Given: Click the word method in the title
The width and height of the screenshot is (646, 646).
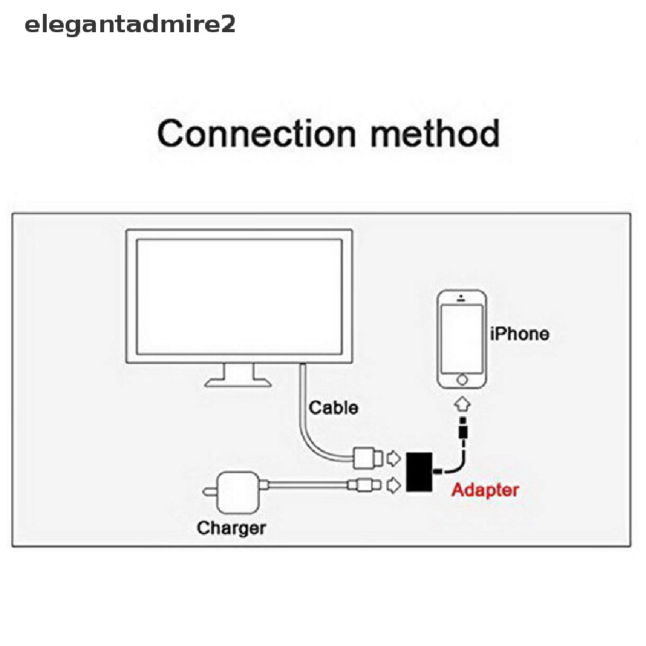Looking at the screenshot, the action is (427, 134).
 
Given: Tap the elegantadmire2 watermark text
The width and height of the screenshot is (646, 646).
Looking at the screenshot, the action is (129, 25).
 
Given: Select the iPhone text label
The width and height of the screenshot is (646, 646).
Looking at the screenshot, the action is (519, 334).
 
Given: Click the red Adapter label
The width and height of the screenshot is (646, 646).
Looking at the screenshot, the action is (485, 490).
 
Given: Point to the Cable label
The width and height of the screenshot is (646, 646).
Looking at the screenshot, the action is (333, 408).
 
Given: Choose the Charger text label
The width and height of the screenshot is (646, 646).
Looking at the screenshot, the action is (232, 527).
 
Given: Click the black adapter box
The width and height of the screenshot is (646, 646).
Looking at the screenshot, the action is (418, 471).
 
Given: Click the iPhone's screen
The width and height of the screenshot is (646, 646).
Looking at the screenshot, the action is (462, 339).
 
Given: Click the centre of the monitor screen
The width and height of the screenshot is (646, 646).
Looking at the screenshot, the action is (238, 296).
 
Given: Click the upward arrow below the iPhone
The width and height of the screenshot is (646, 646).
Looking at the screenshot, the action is (462, 403).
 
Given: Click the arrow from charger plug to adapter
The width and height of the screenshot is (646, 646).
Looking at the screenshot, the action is (393, 484).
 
